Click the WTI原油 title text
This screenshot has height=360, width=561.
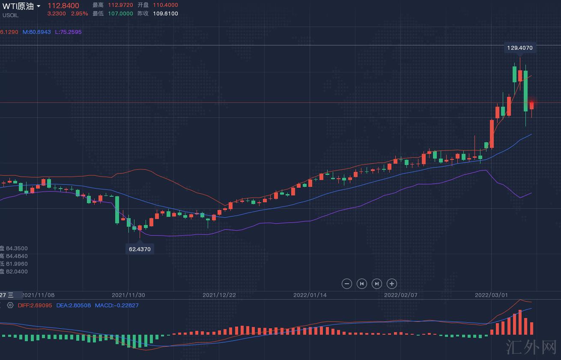tap(18, 6)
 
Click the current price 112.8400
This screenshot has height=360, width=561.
tap(63, 6)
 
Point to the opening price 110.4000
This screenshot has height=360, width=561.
tap(165, 5)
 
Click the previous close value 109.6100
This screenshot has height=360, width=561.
tap(165, 13)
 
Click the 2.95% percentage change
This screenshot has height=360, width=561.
tap(79, 14)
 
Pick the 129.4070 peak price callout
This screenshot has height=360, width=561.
tap(519, 48)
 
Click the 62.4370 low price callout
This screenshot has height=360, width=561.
tap(140, 249)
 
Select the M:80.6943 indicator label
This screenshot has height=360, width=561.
tap(37, 32)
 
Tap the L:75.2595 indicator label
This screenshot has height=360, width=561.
tap(68, 32)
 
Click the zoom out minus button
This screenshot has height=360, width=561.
tap(347, 283)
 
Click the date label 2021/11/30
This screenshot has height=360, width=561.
tap(128, 295)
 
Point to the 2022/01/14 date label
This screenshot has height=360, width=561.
tap(310, 295)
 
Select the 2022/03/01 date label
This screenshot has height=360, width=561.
tap(491, 295)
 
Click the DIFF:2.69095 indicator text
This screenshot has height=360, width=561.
tap(35, 306)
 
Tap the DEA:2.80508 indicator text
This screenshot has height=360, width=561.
tap(74, 306)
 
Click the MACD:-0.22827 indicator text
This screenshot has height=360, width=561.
tap(116, 306)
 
